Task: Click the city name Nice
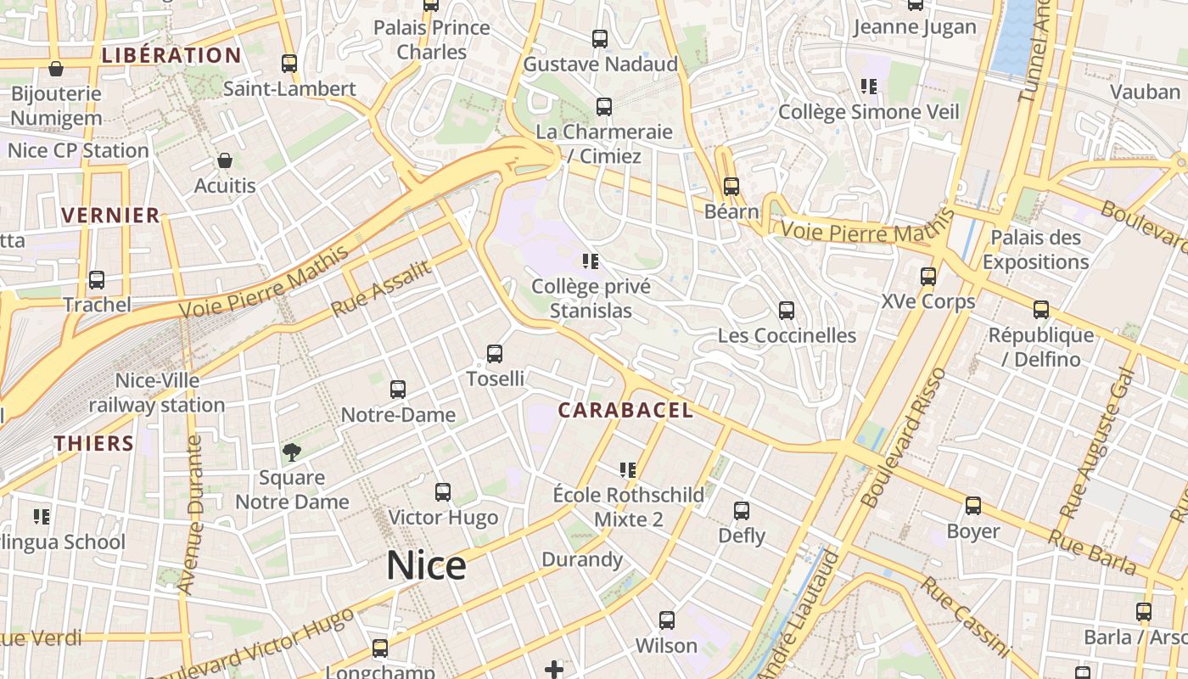[x=426, y=566]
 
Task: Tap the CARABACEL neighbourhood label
[x=625, y=411]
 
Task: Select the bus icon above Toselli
[x=495, y=354]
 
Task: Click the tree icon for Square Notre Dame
[x=292, y=452]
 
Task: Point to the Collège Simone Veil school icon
[x=868, y=86]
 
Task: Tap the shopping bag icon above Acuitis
[x=225, y=160]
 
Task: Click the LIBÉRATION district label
[x=171, y=56]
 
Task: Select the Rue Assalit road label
[x=381, y=289]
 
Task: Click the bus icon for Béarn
[x=731, y=186]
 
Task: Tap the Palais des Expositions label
[x=1035, y=250]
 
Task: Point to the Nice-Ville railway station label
[x=157, y=393]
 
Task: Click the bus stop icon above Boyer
[x=973, y=506]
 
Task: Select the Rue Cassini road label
[x=965, y=616]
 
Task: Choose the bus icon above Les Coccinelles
[x=787, y=310]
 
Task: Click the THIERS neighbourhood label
[x=94, y=443]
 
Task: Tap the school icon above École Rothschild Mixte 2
[x=628, y=469]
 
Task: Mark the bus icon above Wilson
[x=667, y=620]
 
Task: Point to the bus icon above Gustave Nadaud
[x=600, y=38]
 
